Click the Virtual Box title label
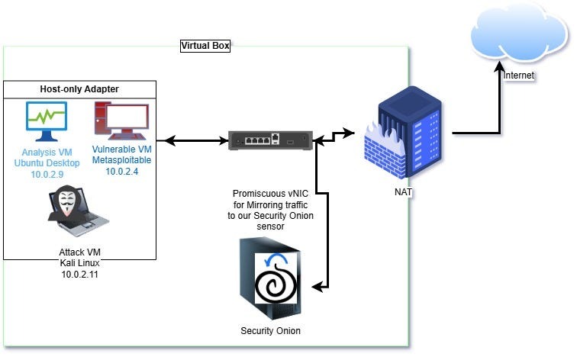205,46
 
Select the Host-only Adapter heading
79,89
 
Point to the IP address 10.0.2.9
47,173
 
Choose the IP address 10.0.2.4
121,172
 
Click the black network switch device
271,140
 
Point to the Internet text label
518,76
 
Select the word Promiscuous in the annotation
258,194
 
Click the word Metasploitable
121,161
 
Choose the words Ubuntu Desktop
47,162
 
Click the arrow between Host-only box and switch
194,140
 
